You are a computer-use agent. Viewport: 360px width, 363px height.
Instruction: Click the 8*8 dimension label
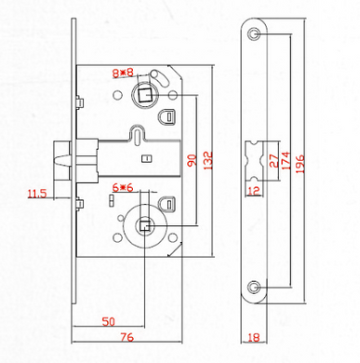pos(123,74)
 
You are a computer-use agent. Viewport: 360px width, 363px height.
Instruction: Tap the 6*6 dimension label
pos(123,188)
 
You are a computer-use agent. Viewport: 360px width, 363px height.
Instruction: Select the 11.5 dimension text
pos(37,194)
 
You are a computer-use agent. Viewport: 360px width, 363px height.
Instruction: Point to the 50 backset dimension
pos(109,322)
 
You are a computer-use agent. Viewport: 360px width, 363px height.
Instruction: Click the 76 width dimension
pos(127,337)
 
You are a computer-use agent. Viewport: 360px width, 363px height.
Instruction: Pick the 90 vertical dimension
pos(193,160)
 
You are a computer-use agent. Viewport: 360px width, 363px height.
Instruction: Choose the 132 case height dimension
pos(208,160)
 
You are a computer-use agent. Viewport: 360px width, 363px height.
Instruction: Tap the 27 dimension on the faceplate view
pos(274,161)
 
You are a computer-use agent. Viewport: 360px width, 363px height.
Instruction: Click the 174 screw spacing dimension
pos(285,160)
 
